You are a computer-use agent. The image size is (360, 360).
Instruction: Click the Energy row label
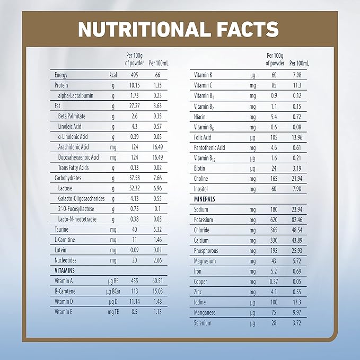click(62, 75)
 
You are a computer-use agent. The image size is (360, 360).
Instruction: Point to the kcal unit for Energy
click(113, 75)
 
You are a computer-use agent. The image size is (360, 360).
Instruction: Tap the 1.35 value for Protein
click(157, 85)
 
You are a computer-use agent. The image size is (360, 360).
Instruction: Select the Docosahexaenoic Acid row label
click(78, 157)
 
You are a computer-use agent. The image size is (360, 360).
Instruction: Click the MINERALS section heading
click(208, 198)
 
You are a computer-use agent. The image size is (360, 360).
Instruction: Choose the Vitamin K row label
click(204, 75)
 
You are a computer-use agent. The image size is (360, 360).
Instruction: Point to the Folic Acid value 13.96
click(297, 136)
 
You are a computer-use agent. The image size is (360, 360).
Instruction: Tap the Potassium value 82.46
click(297, 219)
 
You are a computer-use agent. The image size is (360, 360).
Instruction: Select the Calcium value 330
click(274, 240)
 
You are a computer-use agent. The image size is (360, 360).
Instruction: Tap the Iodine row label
click(201, 301)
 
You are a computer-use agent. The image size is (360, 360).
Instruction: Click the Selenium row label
click(204, 322)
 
